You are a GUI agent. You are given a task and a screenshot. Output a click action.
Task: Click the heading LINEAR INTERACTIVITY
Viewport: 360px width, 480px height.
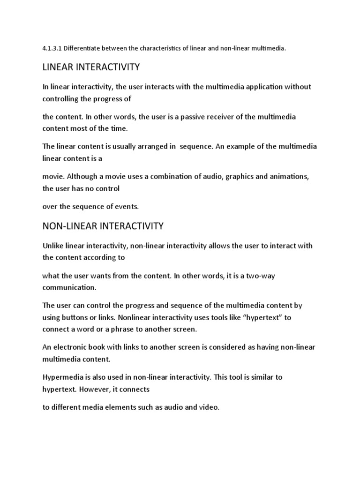coord(91,67)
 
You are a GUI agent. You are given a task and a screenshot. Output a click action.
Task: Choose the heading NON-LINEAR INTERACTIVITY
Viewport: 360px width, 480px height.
coord(103,226)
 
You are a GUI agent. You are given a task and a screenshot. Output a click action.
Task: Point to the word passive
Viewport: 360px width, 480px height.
coord(185,116)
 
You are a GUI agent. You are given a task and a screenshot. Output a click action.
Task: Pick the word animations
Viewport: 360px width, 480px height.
coord(286,176)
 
